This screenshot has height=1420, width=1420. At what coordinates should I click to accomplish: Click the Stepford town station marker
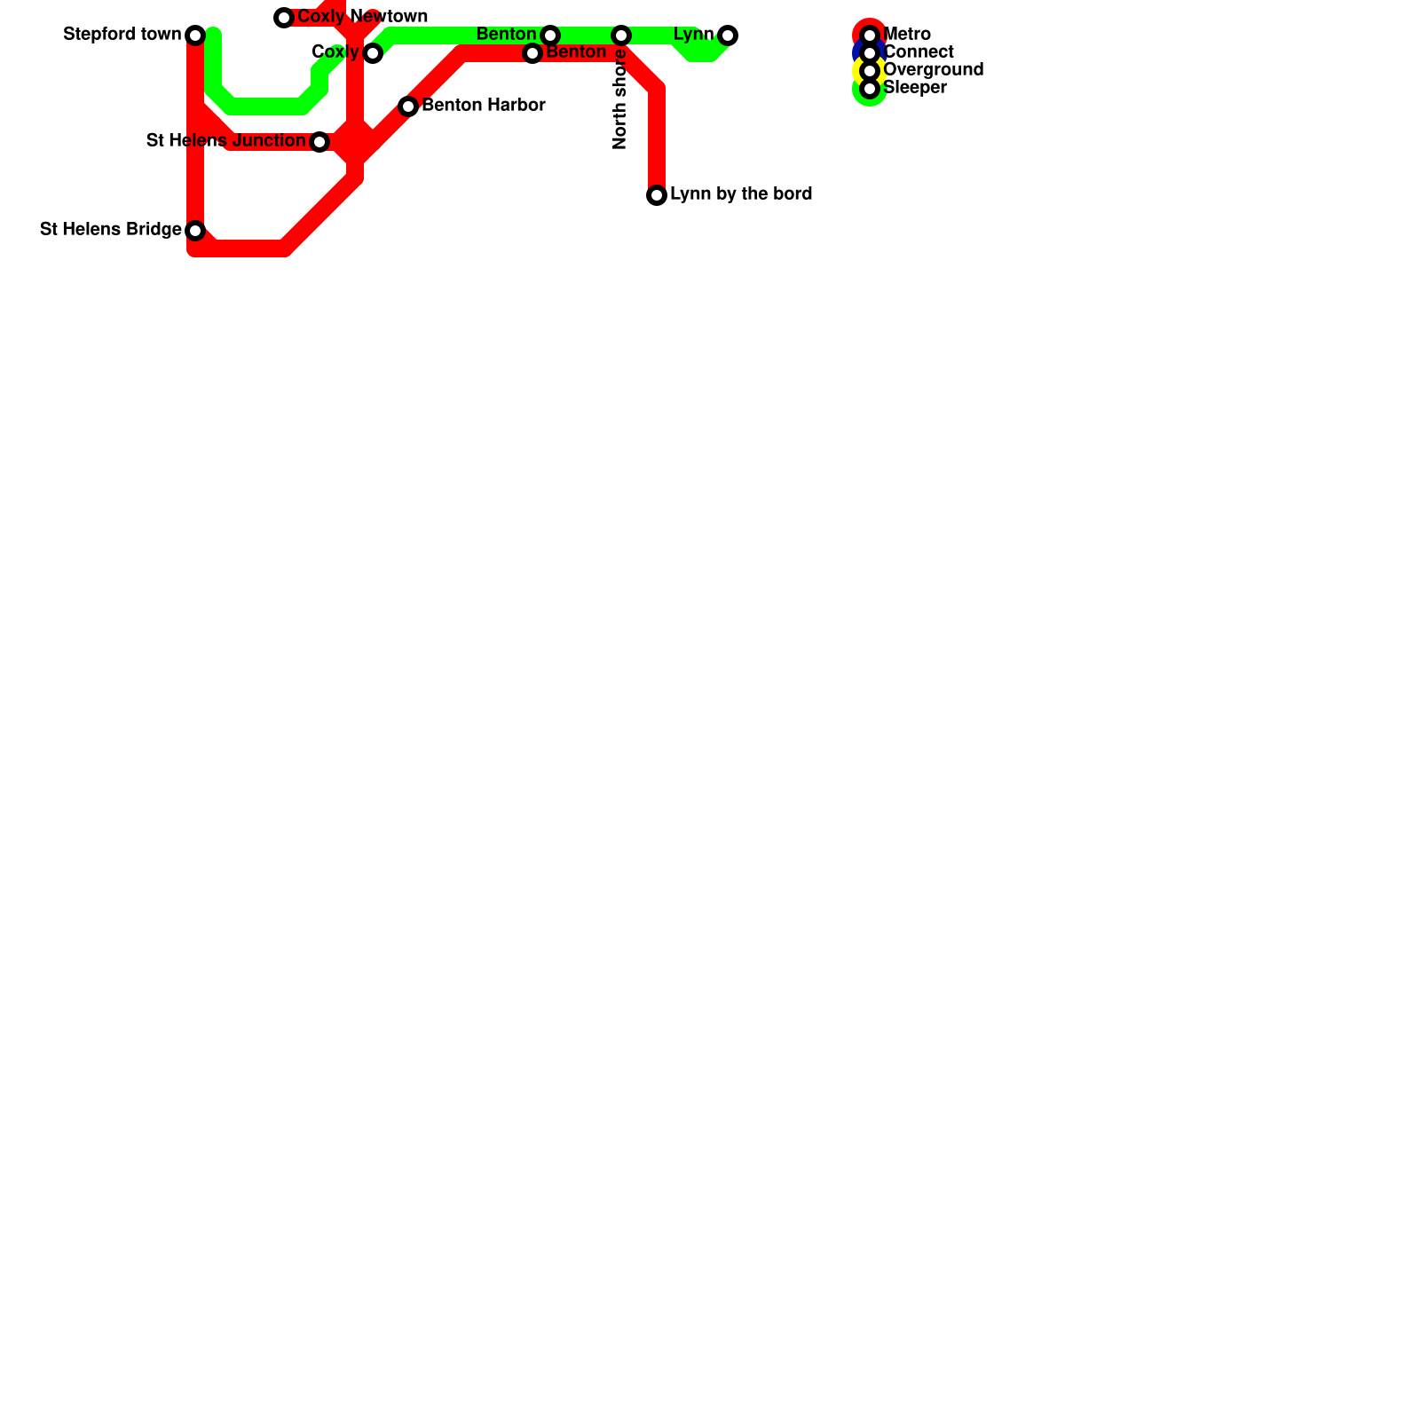pyautogui.click(x=195, y=35)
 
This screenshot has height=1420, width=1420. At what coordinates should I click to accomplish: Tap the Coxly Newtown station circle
pyautogui.click(x=284, y=18)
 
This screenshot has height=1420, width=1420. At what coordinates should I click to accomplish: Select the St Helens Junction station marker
pyautogui.click(x=319, y=142)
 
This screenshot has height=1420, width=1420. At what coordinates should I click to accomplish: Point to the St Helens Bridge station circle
pyautogui.click(x=195, y=231)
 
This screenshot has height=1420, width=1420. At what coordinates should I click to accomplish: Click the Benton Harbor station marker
pyautogui.click(x=408, y=106)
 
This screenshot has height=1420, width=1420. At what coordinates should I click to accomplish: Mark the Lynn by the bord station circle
pyautogui.click(x=657, y=195)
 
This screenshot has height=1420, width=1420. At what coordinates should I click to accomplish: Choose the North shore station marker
pyautogui.click(x=621, y=35)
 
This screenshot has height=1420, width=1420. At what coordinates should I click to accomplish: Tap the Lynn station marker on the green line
pyautogui.click(x=728, y=35)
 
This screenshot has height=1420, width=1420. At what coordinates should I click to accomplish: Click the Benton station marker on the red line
pyautogui.click(x=532, y=53)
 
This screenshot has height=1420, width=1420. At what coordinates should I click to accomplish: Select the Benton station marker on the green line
pyautogui.click(x=550, y=35)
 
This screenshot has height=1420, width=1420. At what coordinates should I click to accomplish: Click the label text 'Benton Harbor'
pyautogui.click(x=483, y=106)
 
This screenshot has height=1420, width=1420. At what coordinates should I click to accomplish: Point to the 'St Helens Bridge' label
pyautogui.click(x=111, y=230)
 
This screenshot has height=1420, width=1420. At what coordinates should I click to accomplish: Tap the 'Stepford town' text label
pyautogui.click(x=122, y=35)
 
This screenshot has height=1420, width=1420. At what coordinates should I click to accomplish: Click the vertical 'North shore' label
pyautogui.click(x=620, y=99)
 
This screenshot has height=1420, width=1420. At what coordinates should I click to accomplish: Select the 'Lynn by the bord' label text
pyautogui.click(x=741, y=194)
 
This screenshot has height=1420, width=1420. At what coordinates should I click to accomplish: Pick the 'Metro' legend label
pyautogui.click(x=907, y=35)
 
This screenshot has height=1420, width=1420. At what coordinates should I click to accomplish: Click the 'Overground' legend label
pyautogui.click(x=934, y=70)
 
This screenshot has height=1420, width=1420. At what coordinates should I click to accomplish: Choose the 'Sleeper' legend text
pyautogui.click(x=915, y=88)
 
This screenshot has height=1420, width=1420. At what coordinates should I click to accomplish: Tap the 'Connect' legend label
pyautogui.click(x=919, y=52)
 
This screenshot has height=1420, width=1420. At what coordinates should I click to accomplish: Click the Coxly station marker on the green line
pyautogui.click(x=373, y=53)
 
